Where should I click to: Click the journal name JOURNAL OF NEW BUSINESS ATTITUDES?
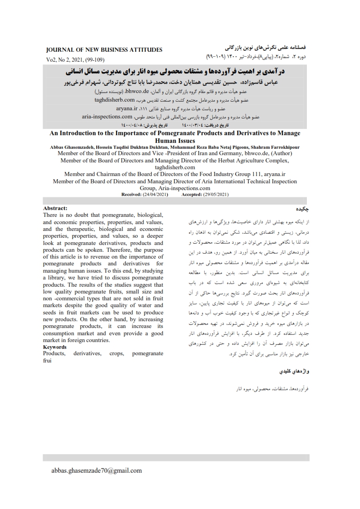pyautogui.click(x=104, y=49)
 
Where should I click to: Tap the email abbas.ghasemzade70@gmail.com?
pyautogui.click(x=96, y=470)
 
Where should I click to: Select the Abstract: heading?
pyautogui.click(x=55, y=208)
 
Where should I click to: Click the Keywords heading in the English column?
pyautogui.click(x=54, y=347)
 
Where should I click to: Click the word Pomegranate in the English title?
pyautogui.click(x=186, y=133)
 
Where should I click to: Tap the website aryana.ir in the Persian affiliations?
pyautogui.click(x=128, y=108)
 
